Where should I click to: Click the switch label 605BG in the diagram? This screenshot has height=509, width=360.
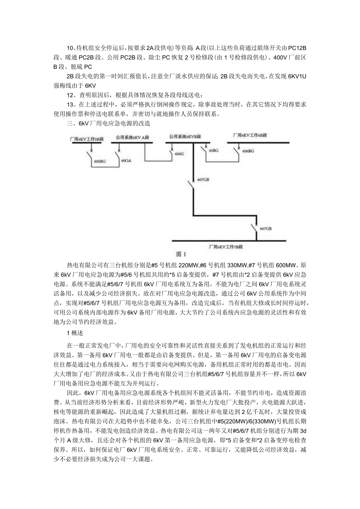[100, 161]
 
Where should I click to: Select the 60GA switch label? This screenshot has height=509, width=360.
[126, 160]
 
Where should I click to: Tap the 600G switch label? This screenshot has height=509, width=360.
[179, 154]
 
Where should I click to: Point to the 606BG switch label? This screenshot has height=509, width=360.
[248, 151]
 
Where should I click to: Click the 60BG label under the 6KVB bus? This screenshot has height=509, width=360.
[214, 150]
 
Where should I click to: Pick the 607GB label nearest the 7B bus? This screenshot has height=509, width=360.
[265, 228]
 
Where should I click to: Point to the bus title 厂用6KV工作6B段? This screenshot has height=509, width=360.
[249, 135]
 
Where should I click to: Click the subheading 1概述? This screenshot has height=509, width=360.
[73, 333]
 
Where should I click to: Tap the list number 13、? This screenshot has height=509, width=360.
[71, 105]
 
